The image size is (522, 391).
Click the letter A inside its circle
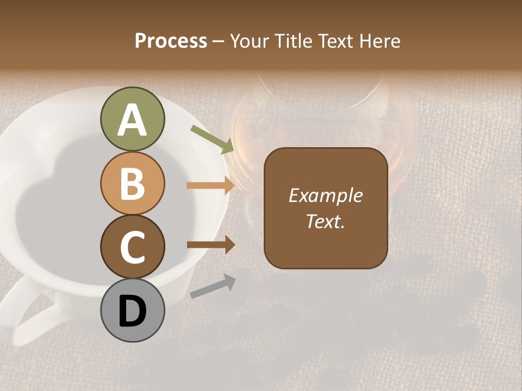pyautogui.click(x=132, y=121)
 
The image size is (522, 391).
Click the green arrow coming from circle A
pyautogui.click(x=212, y=139)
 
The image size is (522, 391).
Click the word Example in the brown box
pyautogui.click(x=325, y=195)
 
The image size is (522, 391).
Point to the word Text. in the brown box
pyautogui.click(x=325, y=221)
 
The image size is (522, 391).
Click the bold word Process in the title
pyautogui.click(x=171, y=41)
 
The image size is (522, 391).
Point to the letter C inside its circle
pyautogui.click(x=132, y=248)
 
